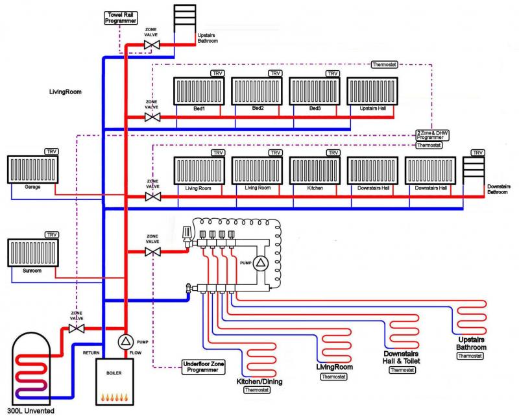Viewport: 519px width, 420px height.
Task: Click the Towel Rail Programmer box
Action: [x=121, y=18]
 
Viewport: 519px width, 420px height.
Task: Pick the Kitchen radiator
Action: [x=315, y=171]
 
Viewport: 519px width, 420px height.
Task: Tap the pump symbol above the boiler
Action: [x=125, y=341]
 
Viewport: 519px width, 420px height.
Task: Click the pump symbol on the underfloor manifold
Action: [x=259, y=263]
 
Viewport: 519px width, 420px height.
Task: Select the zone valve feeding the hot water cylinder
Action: [x=77, y=328]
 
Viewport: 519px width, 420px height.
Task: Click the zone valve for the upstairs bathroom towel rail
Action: [x=152, y=44]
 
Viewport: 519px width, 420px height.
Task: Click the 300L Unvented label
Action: [x=30, y=412]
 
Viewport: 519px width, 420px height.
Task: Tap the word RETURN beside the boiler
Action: [x=91, y=352]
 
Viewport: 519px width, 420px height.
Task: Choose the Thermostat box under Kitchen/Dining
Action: [x=259, y=391]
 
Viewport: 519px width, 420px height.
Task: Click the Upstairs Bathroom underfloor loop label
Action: [x=470, y=343]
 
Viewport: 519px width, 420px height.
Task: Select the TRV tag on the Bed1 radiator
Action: [x=217, y=74]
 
